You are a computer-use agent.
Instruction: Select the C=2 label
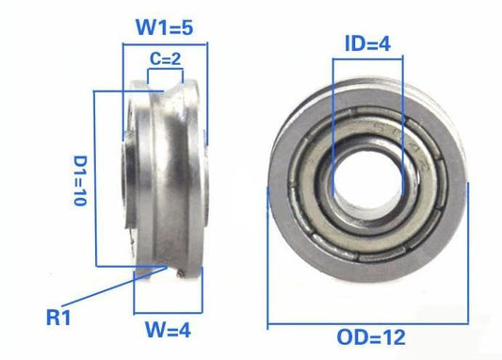166,57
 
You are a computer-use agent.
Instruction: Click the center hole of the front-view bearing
368,181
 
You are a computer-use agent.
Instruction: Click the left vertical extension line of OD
269,254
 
